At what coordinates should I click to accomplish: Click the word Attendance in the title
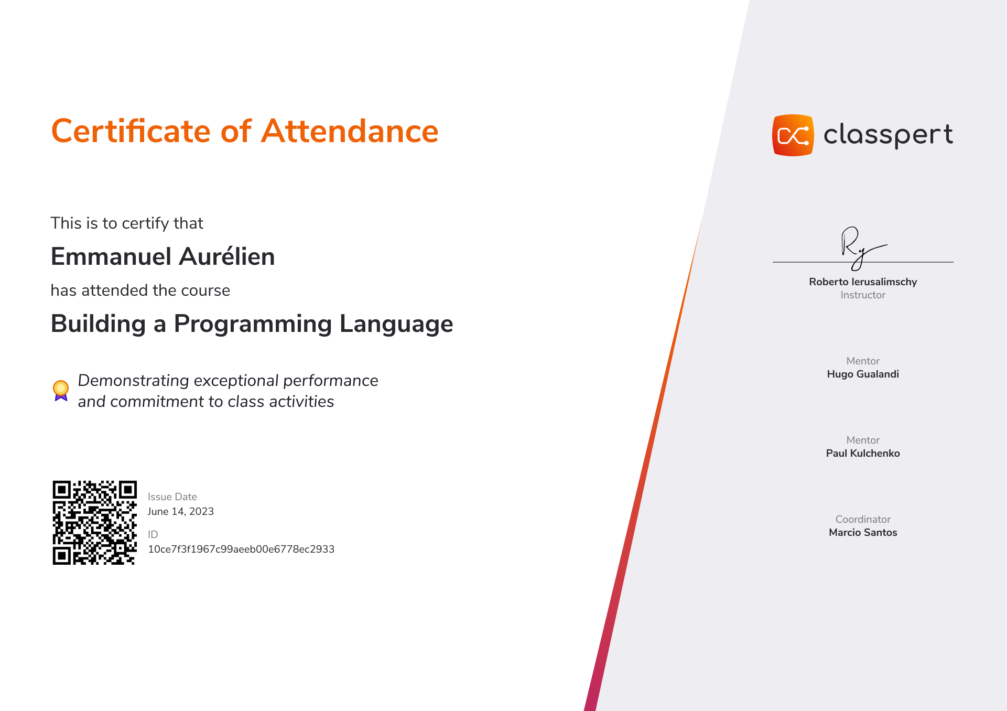click(x=350, y=131)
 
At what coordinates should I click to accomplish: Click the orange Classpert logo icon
click(x=793, y=135)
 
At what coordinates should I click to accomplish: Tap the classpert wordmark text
click(x=889, y=135)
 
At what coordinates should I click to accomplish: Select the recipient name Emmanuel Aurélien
click(x=163, y=256)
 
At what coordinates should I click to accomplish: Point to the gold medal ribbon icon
click(x=61, y=391)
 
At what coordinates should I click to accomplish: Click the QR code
click(x=95, y=523)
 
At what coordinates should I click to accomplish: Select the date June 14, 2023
click(x=181, y=511)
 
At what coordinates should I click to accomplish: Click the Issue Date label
click(x=172, y=497)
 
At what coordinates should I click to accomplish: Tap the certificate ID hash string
click(x=241, y=549)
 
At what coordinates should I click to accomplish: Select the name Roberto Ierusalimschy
click(x=863, y=282)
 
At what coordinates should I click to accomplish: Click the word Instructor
click(x=863, y=295)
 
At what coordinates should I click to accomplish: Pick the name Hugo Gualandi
click(x=863, y=374)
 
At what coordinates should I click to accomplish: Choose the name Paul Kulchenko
click(x=863, y=453)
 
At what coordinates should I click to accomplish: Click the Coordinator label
click(x=863, y=519)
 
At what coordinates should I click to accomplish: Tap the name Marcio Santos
click(x=863, y=532)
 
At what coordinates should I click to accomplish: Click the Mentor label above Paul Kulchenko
click(x=863, y=440)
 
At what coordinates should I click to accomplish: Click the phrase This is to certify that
click(x=127, y=223)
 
